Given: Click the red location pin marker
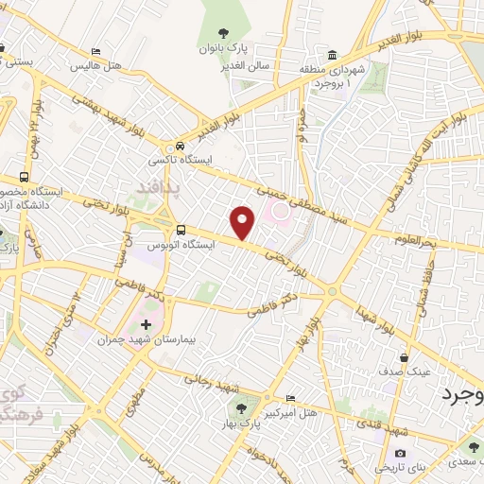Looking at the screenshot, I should (x=243, y=223).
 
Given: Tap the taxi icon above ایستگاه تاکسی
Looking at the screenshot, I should (x=179, y=147).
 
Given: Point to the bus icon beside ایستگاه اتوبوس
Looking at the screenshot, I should (x=180, y=230).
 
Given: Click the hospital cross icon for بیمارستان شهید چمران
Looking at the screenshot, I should (x=146, y=325).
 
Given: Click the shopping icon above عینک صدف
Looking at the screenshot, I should (x=405, y=357).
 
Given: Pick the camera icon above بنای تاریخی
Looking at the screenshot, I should (x=401, y=455).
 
